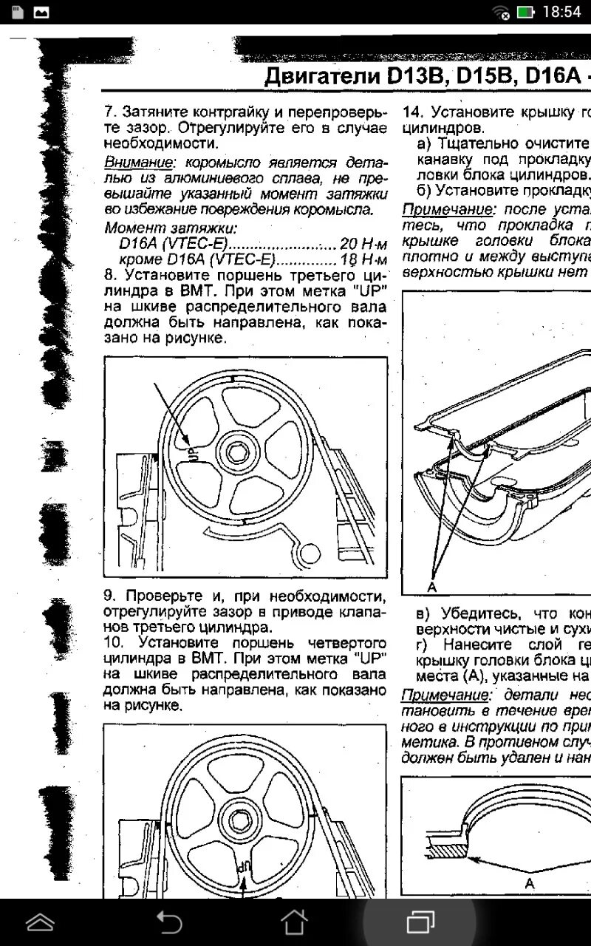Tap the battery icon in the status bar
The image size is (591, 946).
coord(525,13)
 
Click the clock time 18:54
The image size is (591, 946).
coord(561,13)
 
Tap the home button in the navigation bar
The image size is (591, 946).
coord(295,922)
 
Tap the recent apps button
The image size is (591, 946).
coord(420,922)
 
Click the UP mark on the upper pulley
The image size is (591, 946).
coord(194,450)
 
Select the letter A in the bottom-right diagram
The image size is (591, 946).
coord(529,883)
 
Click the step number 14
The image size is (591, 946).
coord(411,112)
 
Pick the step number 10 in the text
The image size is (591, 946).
coord(115,642)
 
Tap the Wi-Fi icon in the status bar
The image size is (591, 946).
coord(502,13)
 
